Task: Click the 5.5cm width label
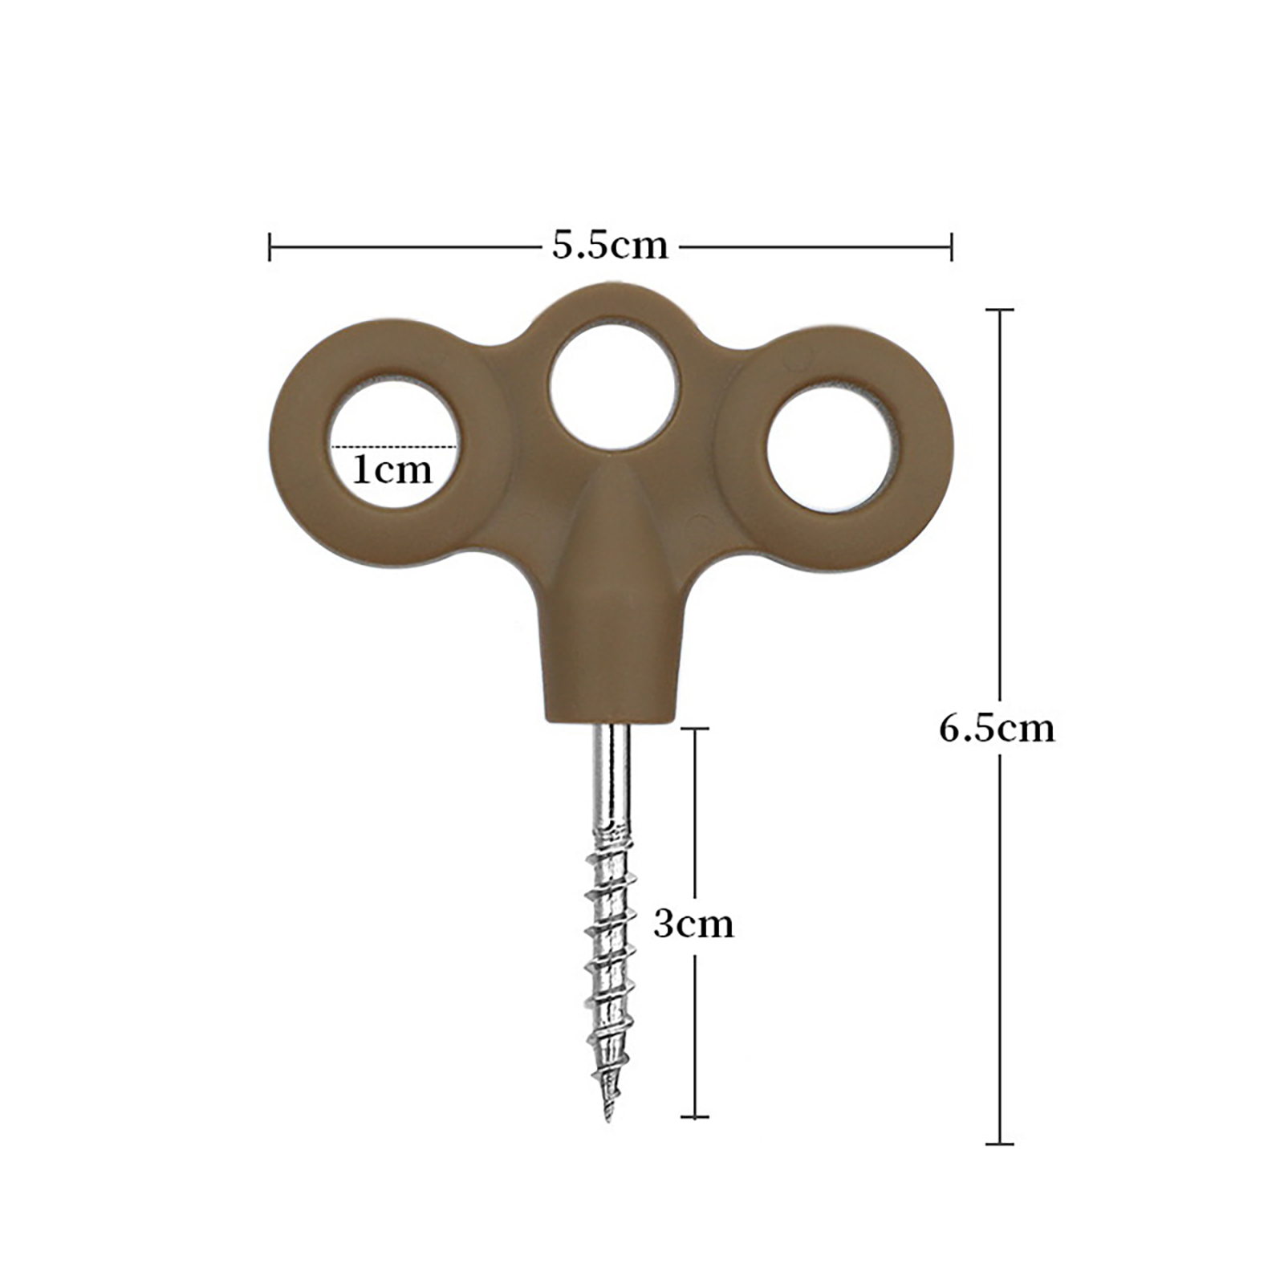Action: pos(610,246)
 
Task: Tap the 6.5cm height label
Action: pos(997,729)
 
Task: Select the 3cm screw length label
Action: pos(693,924)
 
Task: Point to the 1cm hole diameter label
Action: pos(392,469)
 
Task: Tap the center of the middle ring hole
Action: pos(612,385)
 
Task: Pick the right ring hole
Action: pos(831,447)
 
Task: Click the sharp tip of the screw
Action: pos(608,1119)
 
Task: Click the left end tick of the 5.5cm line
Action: pos(270,246)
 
